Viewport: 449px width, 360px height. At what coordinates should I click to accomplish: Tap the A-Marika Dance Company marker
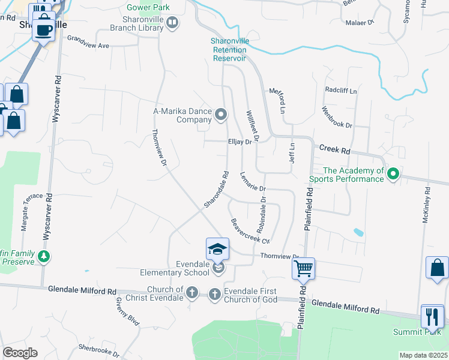(x=221, y=114)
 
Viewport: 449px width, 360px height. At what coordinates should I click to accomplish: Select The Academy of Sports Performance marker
(x=393, y=175)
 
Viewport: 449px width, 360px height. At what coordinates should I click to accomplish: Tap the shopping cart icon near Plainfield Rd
(x=304, y=268)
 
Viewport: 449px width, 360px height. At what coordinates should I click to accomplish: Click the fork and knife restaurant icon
(x=432, y=316)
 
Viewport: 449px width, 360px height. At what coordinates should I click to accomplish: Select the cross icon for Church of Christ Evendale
(x=191, y=293)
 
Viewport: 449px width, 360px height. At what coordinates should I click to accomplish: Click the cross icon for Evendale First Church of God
(x=215, y=294)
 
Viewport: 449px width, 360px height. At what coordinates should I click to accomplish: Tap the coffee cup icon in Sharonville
(x=44, y=29)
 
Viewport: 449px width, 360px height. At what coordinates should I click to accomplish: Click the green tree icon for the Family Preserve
(x=44, y=257)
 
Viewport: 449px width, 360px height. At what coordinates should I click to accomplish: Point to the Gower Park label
(x=148, y=8)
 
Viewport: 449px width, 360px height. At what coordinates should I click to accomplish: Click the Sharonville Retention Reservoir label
(x=229, y=50)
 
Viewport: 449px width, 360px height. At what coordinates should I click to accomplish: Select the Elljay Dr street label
(x=240, y=142)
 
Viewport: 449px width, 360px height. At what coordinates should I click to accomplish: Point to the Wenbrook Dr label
(x=337, y=116)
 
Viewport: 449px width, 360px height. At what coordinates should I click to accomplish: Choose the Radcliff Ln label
(x=340, y=90)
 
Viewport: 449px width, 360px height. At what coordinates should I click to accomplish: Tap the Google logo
(x=20, y=352)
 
